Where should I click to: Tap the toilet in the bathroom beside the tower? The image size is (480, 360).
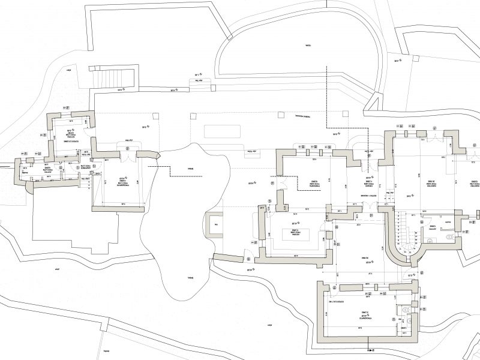(x=449, y=236)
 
